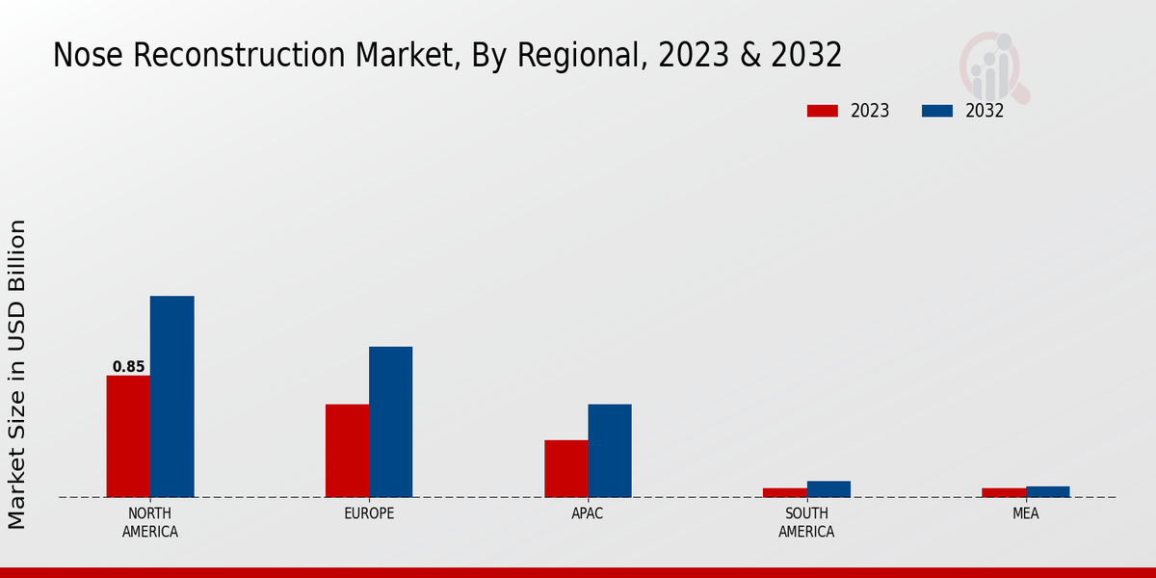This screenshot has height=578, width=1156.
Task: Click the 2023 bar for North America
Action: point(128,436)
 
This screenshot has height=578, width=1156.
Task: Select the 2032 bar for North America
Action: point(171,397)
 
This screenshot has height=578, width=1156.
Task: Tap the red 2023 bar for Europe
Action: point(347,451)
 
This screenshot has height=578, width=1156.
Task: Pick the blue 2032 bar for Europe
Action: point(390,422)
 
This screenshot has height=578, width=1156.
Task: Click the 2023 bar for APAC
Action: point(565,468)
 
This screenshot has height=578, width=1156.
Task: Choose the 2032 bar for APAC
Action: point(610,451)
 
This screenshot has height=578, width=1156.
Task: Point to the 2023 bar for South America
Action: point(784,492)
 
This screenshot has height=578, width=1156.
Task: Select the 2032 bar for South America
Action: point(828,489)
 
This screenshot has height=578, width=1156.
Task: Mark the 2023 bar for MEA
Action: point(1004,492)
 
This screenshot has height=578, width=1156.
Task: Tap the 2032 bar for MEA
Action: point(1047,491)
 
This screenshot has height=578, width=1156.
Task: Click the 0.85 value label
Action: point(128,367)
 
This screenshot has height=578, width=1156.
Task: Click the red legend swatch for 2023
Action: point(822,111)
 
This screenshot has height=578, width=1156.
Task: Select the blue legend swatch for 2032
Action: point(936,111)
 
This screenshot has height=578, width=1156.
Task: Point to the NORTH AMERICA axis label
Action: point(149,522)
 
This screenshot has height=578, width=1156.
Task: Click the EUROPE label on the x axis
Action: point(369,513)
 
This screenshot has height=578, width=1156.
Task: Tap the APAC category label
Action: point(588,513)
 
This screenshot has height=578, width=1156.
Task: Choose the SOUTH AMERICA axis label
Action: point(806,522)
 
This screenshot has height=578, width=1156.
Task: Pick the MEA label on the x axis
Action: point(1025,513)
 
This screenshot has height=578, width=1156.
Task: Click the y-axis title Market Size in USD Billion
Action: point(17,374)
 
